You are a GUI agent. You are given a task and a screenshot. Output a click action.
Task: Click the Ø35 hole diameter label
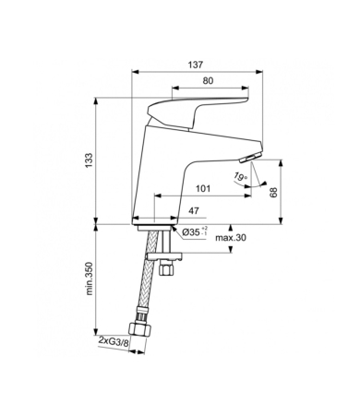point(193,231)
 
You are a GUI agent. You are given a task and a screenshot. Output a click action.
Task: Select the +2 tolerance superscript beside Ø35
point(204,226)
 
